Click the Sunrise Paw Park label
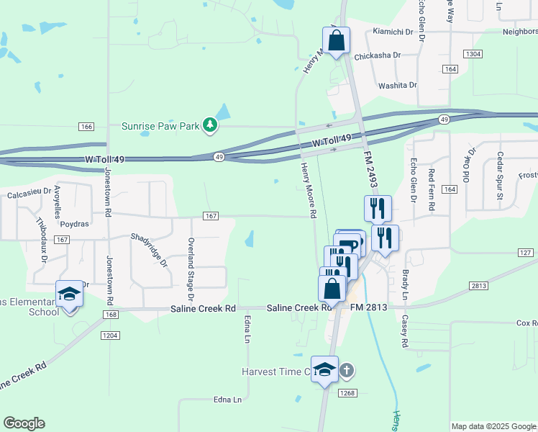coord(160,126)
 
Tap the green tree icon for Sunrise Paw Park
coord(210,126)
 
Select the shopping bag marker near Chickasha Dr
coord(336,40)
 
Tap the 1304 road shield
coord(473,55)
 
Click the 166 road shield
coord(86,127)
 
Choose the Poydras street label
coord(74,224)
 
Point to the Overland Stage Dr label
coord(191,269)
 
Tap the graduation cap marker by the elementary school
coord(69,294)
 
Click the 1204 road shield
coord(109,336)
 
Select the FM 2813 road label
coord(369,307)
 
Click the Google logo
coord(24,423)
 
